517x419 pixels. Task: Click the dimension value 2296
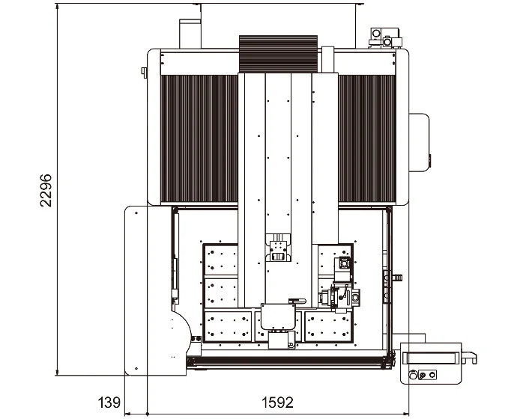click(46, 191)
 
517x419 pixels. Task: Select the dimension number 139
click(109, 403)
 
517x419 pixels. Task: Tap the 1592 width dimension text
click(277, 403)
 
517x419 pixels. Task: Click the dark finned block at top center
click(278, 54)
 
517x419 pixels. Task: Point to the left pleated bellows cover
click(199, 138)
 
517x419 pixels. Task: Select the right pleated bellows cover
click(367, 138)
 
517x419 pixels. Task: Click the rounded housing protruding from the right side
click(419, 142)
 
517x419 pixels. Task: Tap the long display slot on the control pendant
click(431, 358)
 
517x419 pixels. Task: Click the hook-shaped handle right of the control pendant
click(470, 357)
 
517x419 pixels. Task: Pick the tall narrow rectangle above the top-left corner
click(190, 34)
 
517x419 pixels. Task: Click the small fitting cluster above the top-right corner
click(385, 38)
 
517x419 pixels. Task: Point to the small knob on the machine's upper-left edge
click(144, 73)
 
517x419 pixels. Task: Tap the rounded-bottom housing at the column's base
click(278, 316)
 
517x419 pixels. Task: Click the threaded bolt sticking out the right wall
click(397, 278)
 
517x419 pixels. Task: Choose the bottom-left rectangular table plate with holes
click(229, 326)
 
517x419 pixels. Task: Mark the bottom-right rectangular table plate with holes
click(328, 326)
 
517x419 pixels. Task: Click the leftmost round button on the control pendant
click(412, 375)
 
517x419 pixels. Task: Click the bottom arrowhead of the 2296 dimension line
click(58, 373)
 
